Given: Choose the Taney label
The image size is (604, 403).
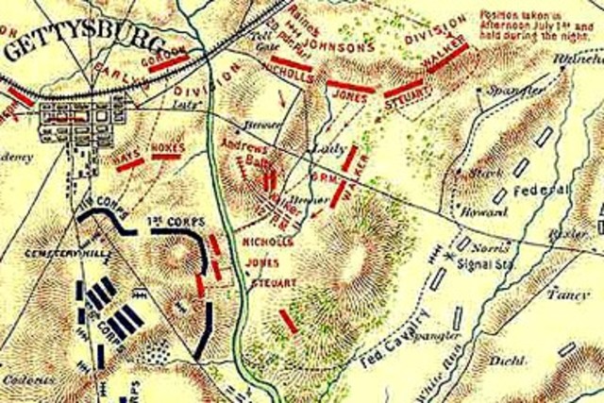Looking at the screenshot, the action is (565, 294).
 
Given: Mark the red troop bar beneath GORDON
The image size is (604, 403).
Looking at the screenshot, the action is (174, 64).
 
